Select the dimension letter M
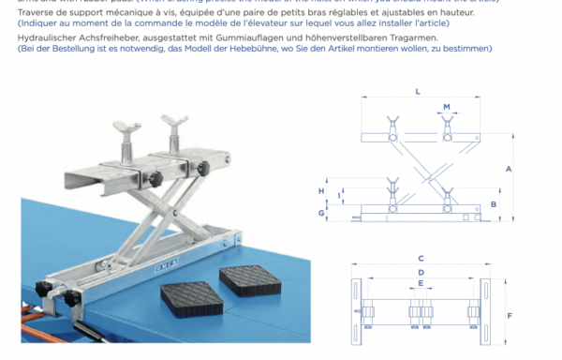pyautogui.click(x=447, y=106)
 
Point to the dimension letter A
pyautogui.click(x=507, y=170)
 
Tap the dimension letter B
pyautogui.click(x=494, y=203)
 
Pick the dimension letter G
pyautogui.click(x=320, y=214)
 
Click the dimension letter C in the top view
pyautogui.click(x=421, y=257)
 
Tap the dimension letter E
pyautogui.click(x=421, y=282)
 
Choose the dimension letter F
pyautogui.click(x=509, y=315)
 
